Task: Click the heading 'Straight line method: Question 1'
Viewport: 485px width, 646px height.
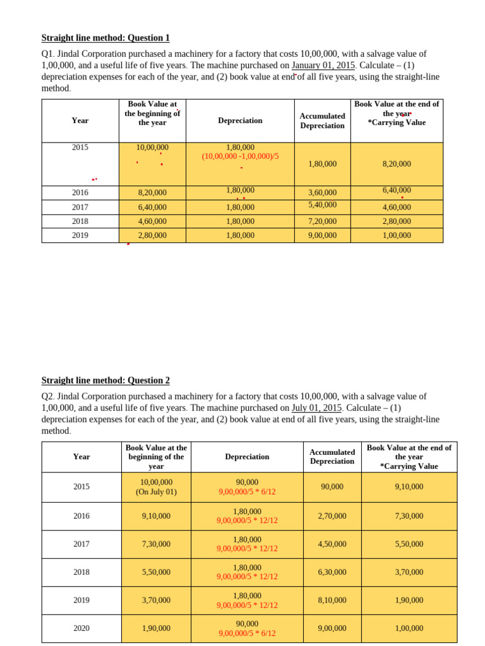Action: [105, 38]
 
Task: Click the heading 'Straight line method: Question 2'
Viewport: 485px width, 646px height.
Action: [105, 380]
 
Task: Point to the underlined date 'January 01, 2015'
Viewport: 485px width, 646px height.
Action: [324, 65]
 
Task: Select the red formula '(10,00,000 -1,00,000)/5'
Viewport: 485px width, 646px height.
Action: [240, 156]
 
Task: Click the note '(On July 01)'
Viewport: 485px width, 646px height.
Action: [156, 491]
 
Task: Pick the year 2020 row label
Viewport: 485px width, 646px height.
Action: [81, 628]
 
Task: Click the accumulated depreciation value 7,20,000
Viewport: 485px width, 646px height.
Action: [322, 221]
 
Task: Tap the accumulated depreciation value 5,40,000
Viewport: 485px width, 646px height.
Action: [322, 204]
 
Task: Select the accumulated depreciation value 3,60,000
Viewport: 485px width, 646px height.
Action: [322, 192]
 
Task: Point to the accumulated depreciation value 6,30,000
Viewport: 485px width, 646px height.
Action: [332, 572]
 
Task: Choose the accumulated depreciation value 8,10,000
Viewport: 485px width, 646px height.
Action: [332, 601]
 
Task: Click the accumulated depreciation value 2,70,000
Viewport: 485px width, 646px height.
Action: [332, 516]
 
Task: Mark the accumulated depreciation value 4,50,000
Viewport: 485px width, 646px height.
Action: [332, 544]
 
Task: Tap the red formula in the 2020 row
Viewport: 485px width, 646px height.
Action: [247, 633]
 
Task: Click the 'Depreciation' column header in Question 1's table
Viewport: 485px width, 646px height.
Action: [240, 120]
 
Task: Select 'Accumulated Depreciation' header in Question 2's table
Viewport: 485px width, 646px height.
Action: [332, 457]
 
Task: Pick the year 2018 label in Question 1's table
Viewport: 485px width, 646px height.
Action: [80, 221]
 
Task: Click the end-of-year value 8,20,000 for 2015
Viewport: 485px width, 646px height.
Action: [397, 164]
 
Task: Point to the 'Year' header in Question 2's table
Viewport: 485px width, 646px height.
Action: [81, 457]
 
